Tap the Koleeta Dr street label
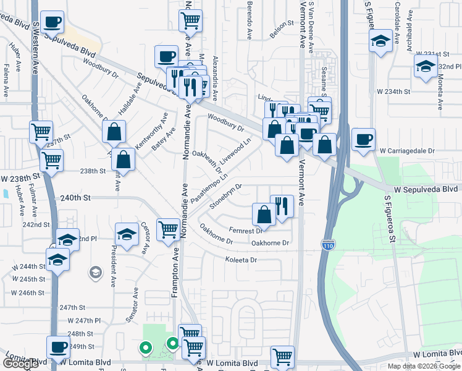241,260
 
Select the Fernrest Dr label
245,231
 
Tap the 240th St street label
75,198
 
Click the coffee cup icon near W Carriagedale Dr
364,139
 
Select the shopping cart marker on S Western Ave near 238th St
51,160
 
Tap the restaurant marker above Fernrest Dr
282,206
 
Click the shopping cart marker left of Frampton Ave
167,230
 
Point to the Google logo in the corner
20,364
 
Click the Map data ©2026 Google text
424,365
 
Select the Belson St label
280,28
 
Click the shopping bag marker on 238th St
124,160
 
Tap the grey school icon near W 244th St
95,272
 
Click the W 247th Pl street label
83,320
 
